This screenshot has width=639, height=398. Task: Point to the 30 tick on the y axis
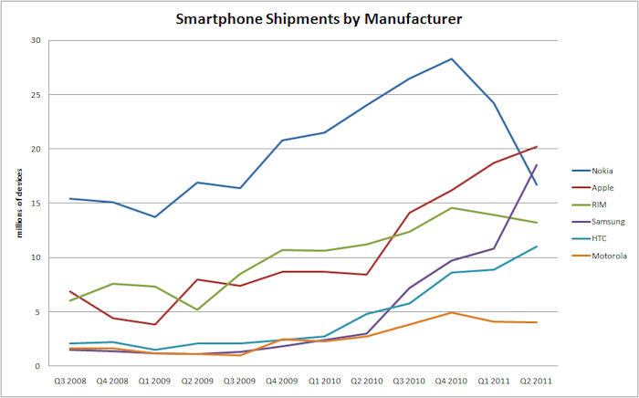(36, 40)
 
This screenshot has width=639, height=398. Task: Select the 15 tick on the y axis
(36, 203)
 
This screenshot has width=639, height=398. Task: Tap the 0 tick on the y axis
(38, 366)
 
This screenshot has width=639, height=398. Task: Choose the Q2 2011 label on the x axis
(535, 380)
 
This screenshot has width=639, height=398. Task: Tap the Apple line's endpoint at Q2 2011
(536, 146)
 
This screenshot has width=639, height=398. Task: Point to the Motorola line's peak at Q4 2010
(451, 312)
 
